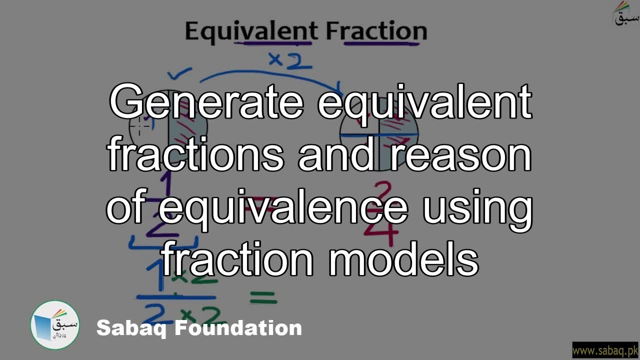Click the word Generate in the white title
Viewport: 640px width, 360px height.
(206, 102)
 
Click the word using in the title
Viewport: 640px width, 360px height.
(477, 209)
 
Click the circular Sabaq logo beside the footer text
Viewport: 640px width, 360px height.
(55, 325)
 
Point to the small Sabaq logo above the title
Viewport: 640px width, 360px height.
(626, 13)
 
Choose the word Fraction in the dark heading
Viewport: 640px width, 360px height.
(376, 31)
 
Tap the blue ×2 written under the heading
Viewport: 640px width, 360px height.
(290, 60)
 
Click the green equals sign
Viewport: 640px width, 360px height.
(263, 298)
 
